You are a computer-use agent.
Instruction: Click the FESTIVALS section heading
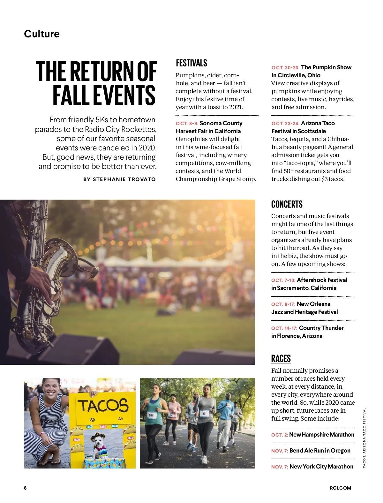(x=191, y=63)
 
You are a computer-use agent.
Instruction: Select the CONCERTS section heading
(x=287, y=204)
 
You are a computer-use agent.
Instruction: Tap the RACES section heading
(x=281, y=359)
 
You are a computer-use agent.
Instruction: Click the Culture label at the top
(x=42, y=34)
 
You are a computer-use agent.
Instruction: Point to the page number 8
(x=25, y=488)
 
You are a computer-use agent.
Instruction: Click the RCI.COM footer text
(x=340, y=488)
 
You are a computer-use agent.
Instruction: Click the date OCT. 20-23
(x=285, y=68)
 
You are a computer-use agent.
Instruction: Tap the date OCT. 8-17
(x=283, y=304)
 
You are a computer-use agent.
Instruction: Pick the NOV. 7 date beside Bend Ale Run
(x=280, y=451)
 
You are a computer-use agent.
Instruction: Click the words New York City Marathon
(x=321, y=467)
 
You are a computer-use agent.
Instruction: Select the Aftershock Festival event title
(x=322, y=280)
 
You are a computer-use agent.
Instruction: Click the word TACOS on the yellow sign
(x=103, y=406)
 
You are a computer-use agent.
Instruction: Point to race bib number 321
(x=204, y=414)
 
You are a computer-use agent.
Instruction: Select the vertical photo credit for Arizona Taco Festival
(x=364, y=438)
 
